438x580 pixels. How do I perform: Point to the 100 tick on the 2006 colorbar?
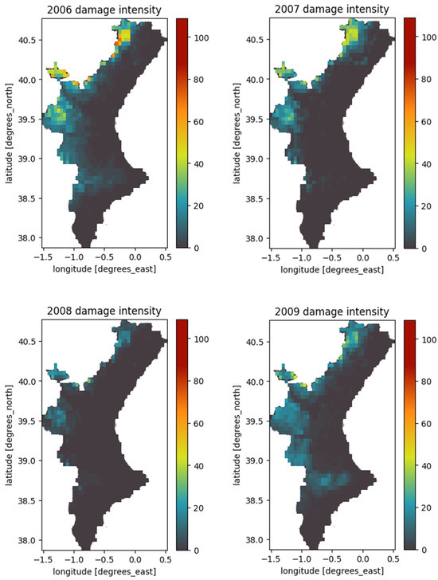(x=201, y=37)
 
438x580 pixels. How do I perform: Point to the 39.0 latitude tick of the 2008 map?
(x=24, y=460)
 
